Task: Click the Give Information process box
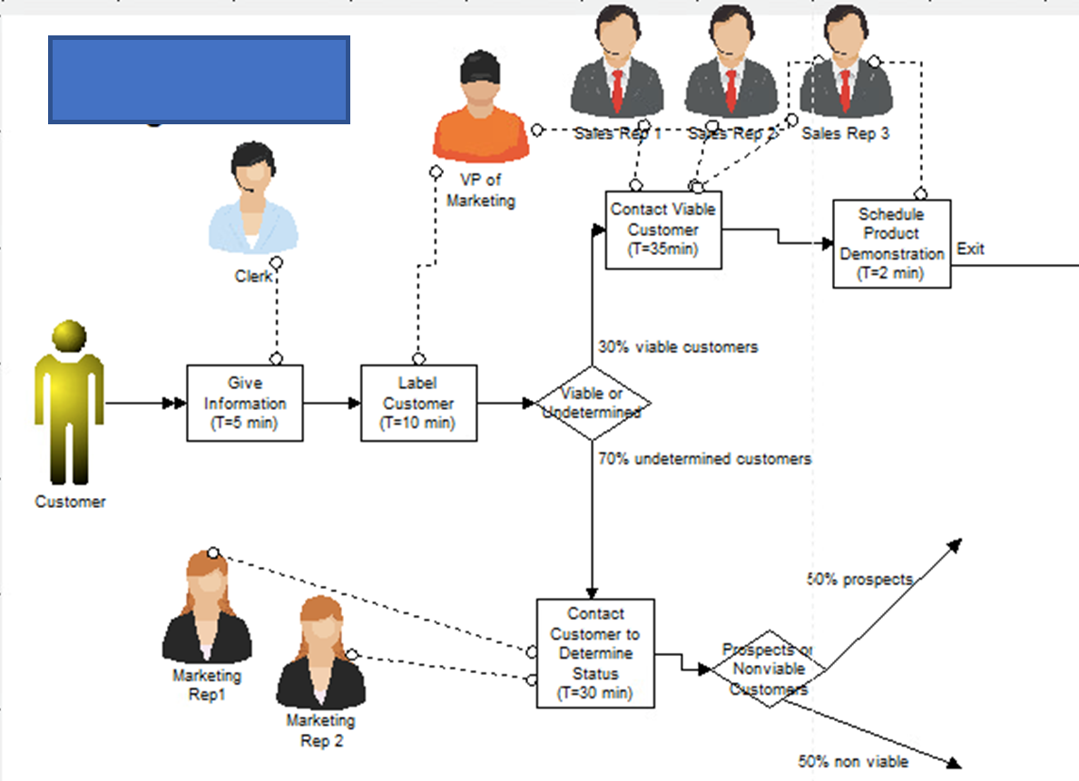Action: (x=245, y=404)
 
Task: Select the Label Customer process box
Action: (x=418, y=404)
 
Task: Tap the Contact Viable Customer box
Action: (x=663, y=229)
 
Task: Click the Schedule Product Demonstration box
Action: (x=891, y=243)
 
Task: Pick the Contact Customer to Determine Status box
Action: (x=594, y=653)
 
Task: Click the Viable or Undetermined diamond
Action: (x=593, y=404)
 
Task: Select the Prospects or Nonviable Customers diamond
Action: (x=769, y=669)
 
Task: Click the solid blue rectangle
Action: (x=199, y=80)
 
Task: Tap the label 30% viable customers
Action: (x=678, y=347)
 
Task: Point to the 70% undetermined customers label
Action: (x=704, y=459)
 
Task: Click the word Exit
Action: (x=970, y=249)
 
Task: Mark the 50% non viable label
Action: (x=853, y=761)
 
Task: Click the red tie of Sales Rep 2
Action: (x=731, y=89)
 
